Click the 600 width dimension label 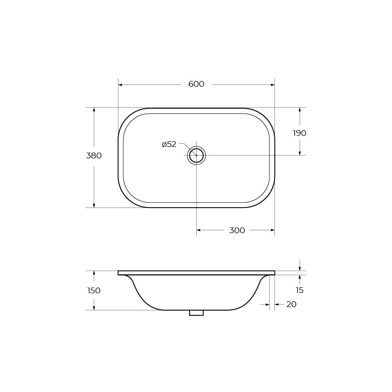click(196, 84)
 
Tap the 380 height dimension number click(94, 156)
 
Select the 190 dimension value click(300, 133)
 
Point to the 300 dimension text click(237, 231)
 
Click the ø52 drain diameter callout click(169, 144)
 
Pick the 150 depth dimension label click(94, 291)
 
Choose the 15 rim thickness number click(300, 290)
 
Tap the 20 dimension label click(291, 304)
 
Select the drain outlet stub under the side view click(197, 313)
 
